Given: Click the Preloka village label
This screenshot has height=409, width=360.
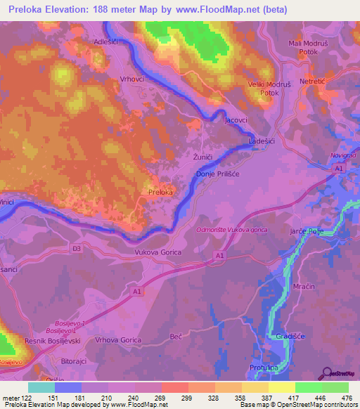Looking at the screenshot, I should click(x=160, y=192).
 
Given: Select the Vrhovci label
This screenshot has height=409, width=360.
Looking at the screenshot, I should click(x=132, y=79).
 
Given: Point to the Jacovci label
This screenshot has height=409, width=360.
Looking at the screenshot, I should click(x=236, y=120).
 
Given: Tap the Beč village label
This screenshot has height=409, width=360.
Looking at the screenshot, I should click(x=176, y=338).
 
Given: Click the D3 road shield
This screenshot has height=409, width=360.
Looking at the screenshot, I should click(x=76, y=248).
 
